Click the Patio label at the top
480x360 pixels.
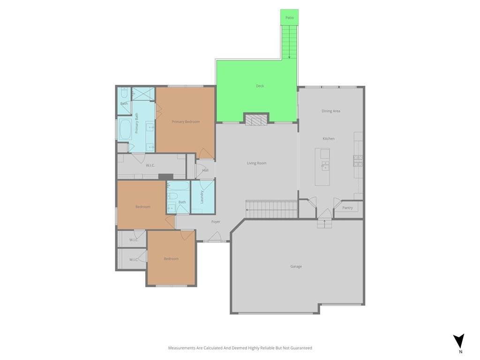(x=289, y=18)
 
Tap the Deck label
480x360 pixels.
(x=260, y=86)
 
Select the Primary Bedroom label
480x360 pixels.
(x=186, y=122)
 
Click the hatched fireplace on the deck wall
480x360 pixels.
(x=256, y=120)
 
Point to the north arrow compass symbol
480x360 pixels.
(x=459, y=341)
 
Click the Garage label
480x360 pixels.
(x=296, y=267)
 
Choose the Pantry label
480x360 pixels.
(x=347, y=208)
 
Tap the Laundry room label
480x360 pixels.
(x=202, y=197)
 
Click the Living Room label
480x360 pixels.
(x=256, y=163)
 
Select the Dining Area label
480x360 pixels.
(x=330, y=111)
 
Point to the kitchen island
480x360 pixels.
(x=322, y=167)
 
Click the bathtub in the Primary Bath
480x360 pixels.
(x=125, y=129)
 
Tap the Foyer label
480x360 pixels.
(x=216, y=222)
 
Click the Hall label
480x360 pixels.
(x=205, y=170)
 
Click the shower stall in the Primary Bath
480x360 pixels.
(x=143, y=94)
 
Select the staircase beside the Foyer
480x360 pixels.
(x=271, y=210)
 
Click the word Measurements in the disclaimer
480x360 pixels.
(x=182, y=348)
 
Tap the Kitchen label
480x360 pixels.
(x=329, y=139)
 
